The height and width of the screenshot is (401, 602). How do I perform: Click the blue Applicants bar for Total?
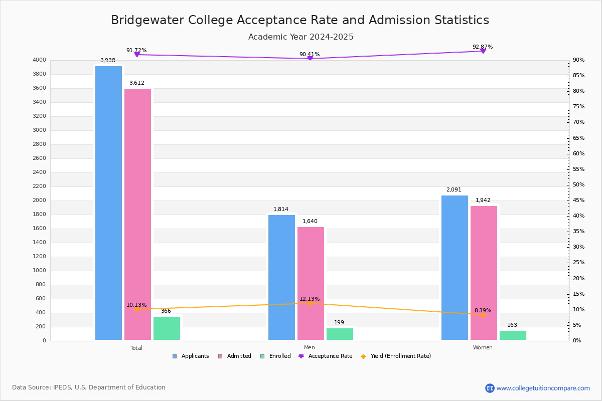click(108, 203)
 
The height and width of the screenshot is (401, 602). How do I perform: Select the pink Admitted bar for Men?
click(311, 284)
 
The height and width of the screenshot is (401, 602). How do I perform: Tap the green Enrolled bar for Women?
click(513, 335)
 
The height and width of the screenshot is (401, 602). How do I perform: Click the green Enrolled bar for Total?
click(167, 328)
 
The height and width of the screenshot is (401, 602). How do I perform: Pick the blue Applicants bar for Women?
click(455, 268)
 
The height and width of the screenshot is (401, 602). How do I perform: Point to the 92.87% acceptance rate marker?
click(483, 51)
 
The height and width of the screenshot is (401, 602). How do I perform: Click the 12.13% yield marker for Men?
click(310, 303)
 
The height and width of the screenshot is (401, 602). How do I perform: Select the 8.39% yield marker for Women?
click(483, 315)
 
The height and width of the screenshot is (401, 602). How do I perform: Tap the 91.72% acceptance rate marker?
click(137, 55)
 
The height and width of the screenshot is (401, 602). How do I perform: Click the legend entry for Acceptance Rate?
click(326, 356)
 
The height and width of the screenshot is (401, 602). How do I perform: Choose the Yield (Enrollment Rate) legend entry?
click(396, 356)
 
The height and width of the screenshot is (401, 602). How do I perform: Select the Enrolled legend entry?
click(276, 356)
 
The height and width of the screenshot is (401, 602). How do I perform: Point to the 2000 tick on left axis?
click(39, 200)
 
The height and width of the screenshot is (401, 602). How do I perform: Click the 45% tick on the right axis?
click(578, 200)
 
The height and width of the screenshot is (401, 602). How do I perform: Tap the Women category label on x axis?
click(483, 347)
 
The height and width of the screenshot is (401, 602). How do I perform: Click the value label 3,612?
click(137, 83)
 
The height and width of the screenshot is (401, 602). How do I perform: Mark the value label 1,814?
click(281, 209)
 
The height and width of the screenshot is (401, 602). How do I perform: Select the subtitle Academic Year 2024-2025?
click(300, 37)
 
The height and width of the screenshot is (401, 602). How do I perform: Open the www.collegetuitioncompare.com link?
click(543, 388)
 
